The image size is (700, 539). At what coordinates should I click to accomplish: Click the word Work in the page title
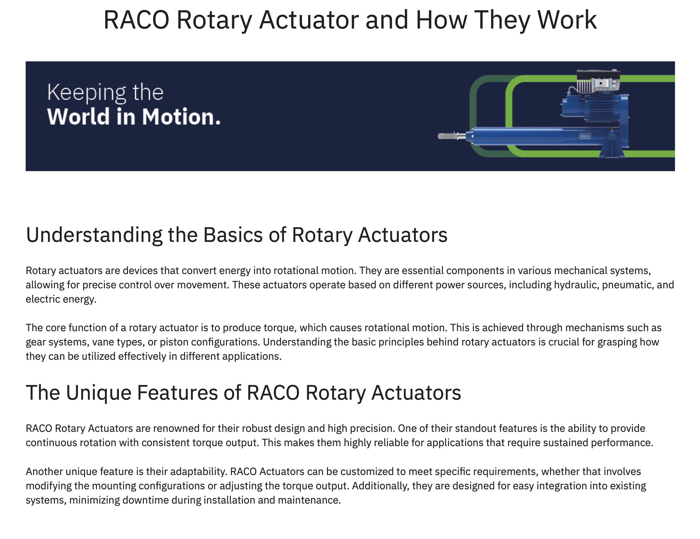(567, 20)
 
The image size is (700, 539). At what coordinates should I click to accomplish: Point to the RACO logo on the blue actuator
(585, 136)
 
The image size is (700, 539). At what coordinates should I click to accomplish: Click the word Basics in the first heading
(233, 235)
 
